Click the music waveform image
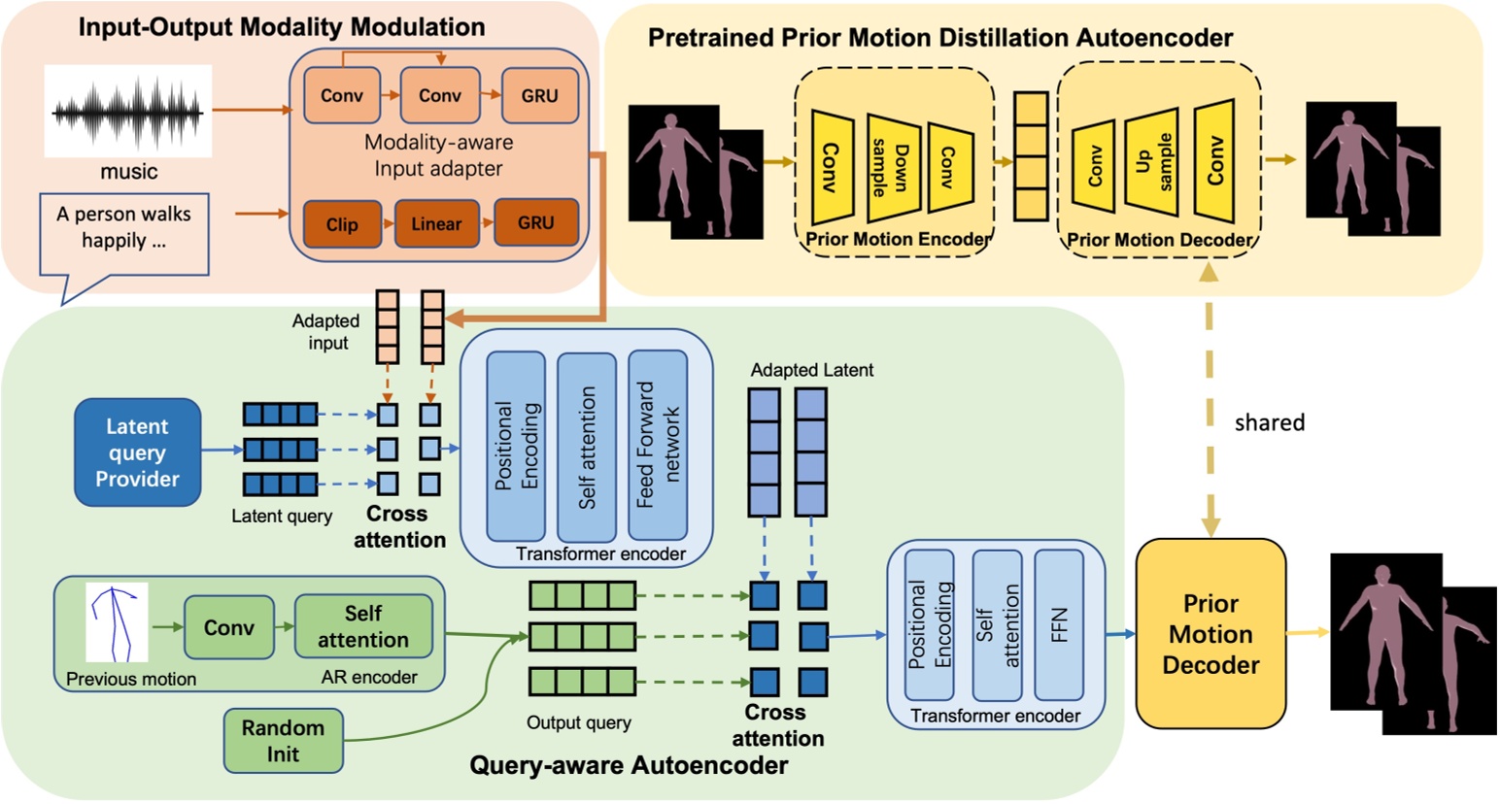point(127,113)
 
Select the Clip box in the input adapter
point(342,224)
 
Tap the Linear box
point(436,224)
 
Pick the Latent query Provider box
point(137,452)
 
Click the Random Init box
point(283,741)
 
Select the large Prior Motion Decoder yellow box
point(1210,634)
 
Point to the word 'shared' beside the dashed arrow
point(1269,422)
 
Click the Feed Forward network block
point(658,446)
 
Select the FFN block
point(1059,625)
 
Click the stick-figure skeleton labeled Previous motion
point(117,622)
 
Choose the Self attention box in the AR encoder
point(363,626)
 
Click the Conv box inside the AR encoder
point(228,627)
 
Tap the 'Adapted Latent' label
point(811,370)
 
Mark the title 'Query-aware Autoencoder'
point(629,765)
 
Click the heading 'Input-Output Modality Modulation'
point(282,26)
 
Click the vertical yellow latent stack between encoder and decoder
point(1030,156)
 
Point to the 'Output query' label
point(578,722)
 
